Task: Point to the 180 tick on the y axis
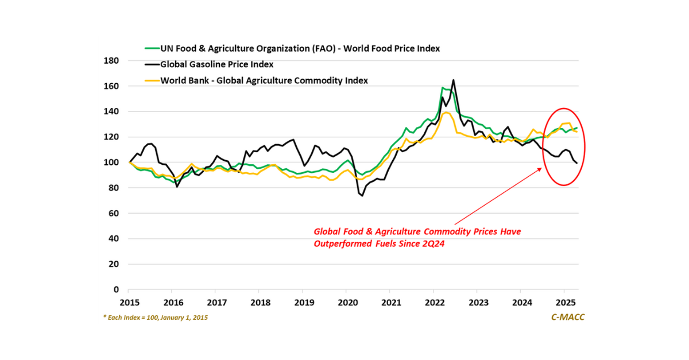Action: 111,61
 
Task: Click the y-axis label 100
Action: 111,162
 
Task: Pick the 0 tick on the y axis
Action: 116,289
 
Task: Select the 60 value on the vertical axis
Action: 114,213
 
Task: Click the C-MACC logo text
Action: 564,317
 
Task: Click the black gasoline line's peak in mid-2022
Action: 453,80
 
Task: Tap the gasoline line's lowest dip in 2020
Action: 362,196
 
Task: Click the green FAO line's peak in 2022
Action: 443,88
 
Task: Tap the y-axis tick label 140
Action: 111,111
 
